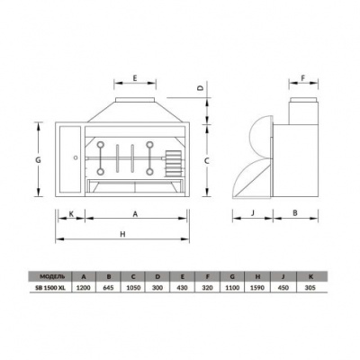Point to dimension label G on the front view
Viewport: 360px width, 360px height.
coord(38,159)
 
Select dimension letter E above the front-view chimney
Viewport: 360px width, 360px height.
coord(135,80)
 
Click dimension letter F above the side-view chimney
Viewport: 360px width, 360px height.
coord(303,79)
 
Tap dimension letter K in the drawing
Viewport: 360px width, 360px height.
coord(70,213)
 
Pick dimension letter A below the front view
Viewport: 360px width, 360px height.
coord(134,213)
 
